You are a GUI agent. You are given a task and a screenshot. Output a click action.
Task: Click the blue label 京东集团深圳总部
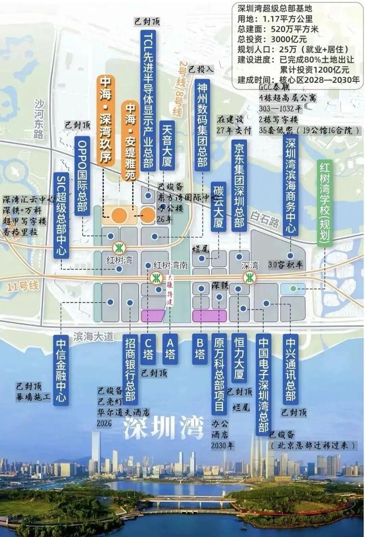pyautogui.click(x=239, y=185)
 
